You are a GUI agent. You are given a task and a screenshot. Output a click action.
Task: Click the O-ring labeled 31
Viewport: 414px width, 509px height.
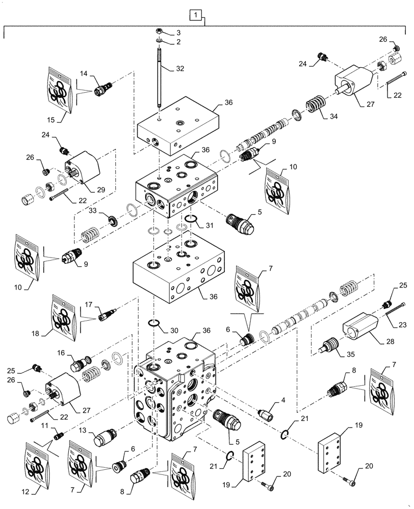191,219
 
